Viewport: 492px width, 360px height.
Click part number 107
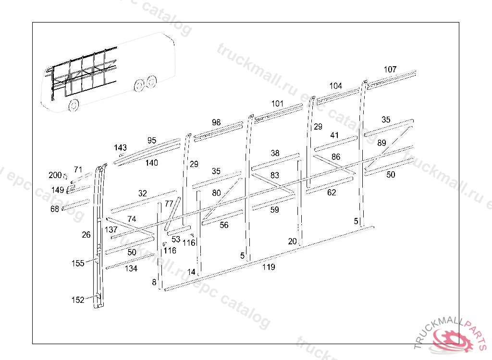point(390,70)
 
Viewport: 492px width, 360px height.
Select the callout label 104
point(335,86)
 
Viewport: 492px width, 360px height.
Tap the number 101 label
point(277,103)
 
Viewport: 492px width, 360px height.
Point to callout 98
point(216,122)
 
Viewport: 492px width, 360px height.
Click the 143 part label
point(121,147)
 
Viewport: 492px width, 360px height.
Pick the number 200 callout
point(55,175)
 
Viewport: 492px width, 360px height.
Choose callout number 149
point(58,190)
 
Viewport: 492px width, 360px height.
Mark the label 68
point(54,209)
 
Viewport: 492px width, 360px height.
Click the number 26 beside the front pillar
point(86,235)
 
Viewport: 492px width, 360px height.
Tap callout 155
point(78,263)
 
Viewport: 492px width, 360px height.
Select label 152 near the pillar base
point(78,300)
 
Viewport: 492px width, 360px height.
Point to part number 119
point(269,267)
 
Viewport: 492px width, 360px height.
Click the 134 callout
point(131,268)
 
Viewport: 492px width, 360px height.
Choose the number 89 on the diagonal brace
point(381,143)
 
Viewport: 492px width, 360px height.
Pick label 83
point(274,176)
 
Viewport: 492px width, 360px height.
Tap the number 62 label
point(332,193)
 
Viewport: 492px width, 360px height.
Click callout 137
point(111,230)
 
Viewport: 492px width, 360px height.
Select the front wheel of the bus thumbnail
point(74,105)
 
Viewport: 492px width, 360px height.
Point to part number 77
point(169,204)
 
